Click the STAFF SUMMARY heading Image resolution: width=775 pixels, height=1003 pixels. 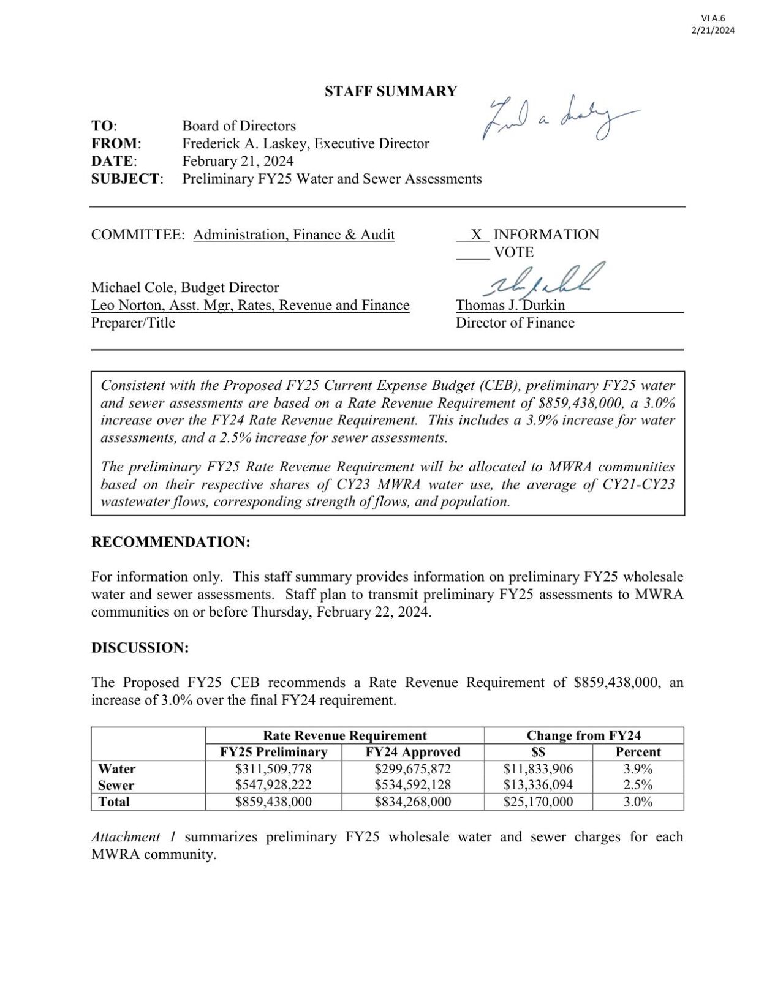[390, 91]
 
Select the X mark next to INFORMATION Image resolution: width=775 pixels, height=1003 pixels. [476, 235]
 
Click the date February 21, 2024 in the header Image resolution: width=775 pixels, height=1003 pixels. [238, 161]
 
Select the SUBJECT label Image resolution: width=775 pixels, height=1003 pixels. [126, 179]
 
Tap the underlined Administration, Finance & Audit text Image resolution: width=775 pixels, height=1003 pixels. [294, 235]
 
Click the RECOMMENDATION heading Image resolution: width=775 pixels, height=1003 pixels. [171, 542]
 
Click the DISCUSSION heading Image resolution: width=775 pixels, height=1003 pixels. [140, 647]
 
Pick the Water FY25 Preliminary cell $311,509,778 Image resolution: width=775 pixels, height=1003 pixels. [273, 768]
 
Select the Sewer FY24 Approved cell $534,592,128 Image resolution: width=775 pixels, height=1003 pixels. [412, 785]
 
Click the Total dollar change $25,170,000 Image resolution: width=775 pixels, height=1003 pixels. [538, 802]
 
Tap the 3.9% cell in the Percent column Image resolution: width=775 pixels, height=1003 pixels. [638, 768]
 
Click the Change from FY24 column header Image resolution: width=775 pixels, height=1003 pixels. [583, 735]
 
